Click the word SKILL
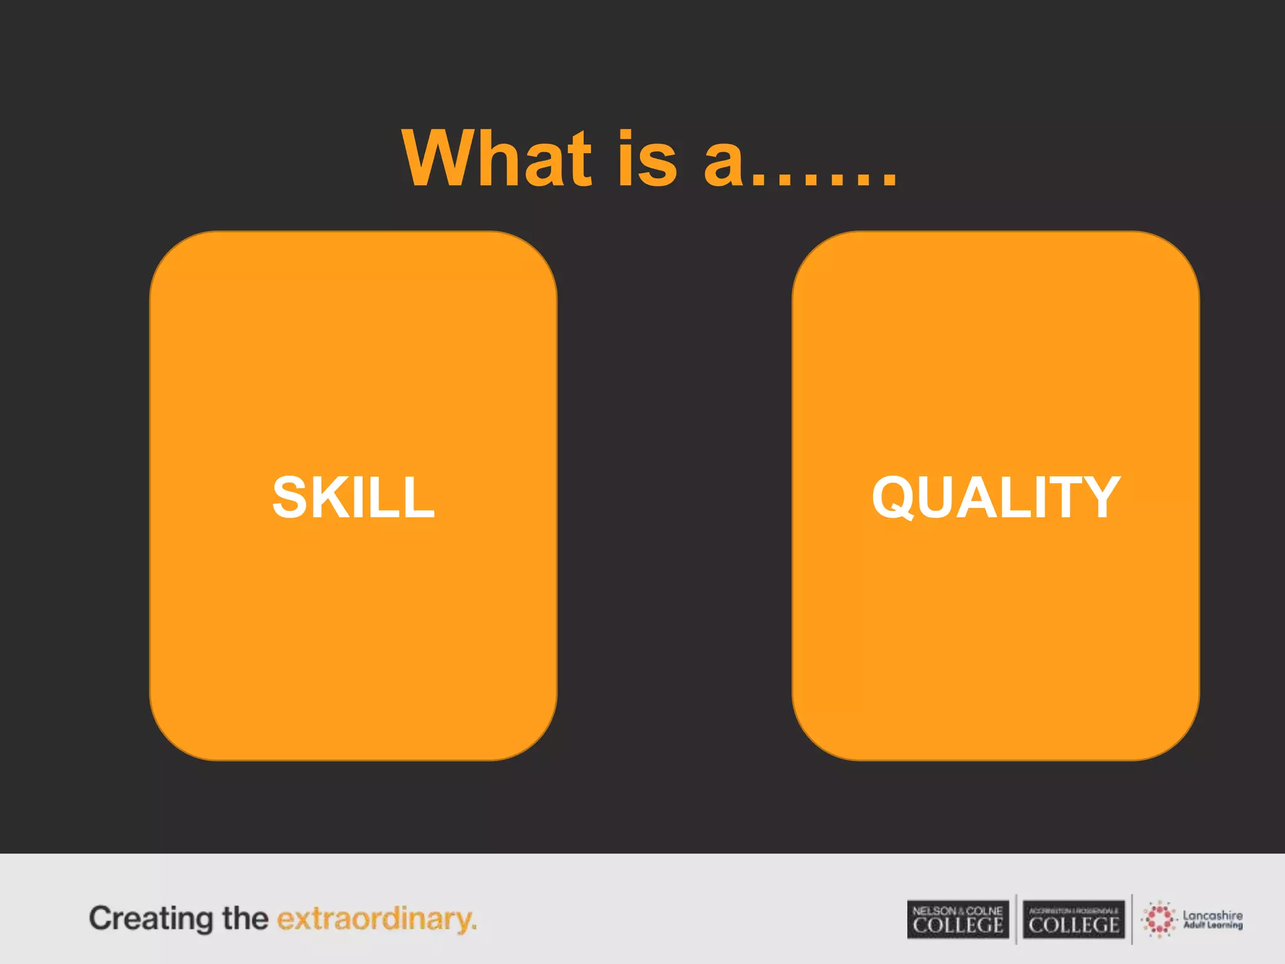(x=353, y=498)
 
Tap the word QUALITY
(x=996, y=498)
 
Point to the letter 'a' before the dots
(x=724, y=164)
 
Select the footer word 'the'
(x=245, y=918)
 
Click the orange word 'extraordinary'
(x=376, y=919)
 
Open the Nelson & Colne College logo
(x=957, y=919)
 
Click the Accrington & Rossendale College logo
(x=1074, y=919)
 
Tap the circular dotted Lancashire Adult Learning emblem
(x=1159, y=919)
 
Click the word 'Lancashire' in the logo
(x=1212, y=915)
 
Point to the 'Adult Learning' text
(x=1212, y=925)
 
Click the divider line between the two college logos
(x=1016, y=919)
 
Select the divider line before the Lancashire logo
(x=1132, y=919)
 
